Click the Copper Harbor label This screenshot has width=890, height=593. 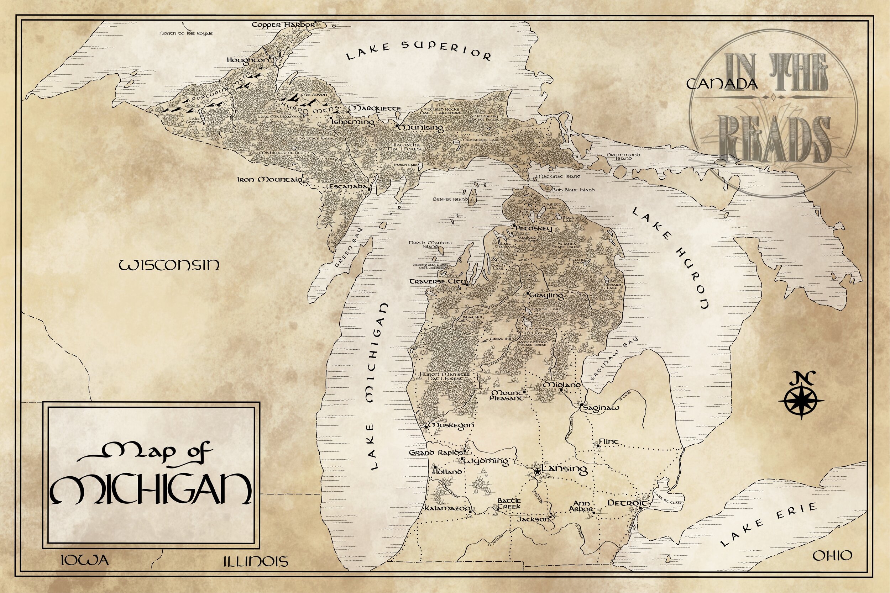283,25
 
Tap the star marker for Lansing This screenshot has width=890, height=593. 537,471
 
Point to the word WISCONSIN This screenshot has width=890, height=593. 169,265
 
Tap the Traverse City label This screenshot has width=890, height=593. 438,282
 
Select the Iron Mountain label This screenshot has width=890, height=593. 270,180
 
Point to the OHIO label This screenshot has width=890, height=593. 832,556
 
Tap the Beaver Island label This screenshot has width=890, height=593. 450,199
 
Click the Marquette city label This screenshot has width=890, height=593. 375,108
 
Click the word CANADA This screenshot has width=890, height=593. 722,84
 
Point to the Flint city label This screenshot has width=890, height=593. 608,441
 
